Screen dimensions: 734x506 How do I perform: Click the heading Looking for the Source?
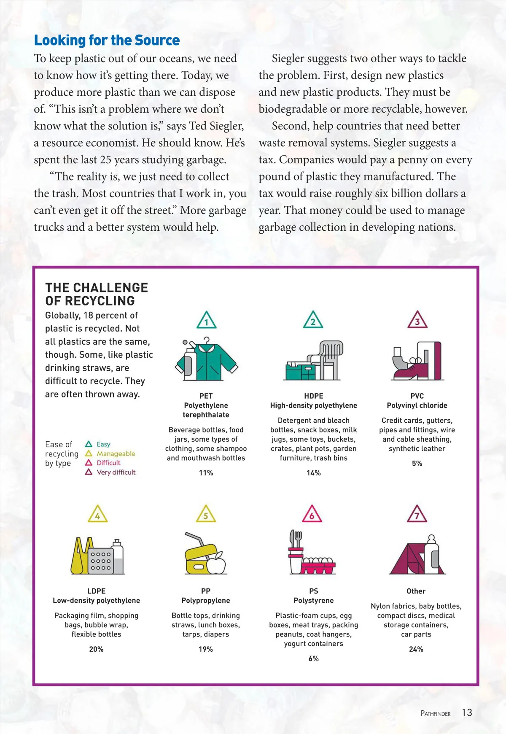[107, 40]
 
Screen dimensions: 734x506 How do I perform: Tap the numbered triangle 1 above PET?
[206, 321]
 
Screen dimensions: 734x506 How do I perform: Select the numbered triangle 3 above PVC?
[417, 320]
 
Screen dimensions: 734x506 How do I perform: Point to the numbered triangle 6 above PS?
[312, 514]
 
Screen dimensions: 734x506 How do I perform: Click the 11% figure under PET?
[206, 473]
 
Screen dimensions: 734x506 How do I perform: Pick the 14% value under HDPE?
[313, 473]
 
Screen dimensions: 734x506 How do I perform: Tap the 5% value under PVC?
[417, 463]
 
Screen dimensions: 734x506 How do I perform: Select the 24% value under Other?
[416, 649]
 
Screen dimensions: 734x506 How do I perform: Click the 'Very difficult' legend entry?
[116, 472]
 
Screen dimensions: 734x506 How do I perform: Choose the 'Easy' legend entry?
[103, 444]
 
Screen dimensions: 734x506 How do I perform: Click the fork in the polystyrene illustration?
[298, 538]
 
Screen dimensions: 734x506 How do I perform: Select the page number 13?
[467, 712]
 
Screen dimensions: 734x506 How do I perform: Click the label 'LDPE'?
[96, 591]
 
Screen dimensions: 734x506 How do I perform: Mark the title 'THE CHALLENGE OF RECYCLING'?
[97, 294]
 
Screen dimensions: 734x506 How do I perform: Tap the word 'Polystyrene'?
[313, 600]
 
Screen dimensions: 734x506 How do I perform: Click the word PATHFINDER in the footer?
[436, 713]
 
